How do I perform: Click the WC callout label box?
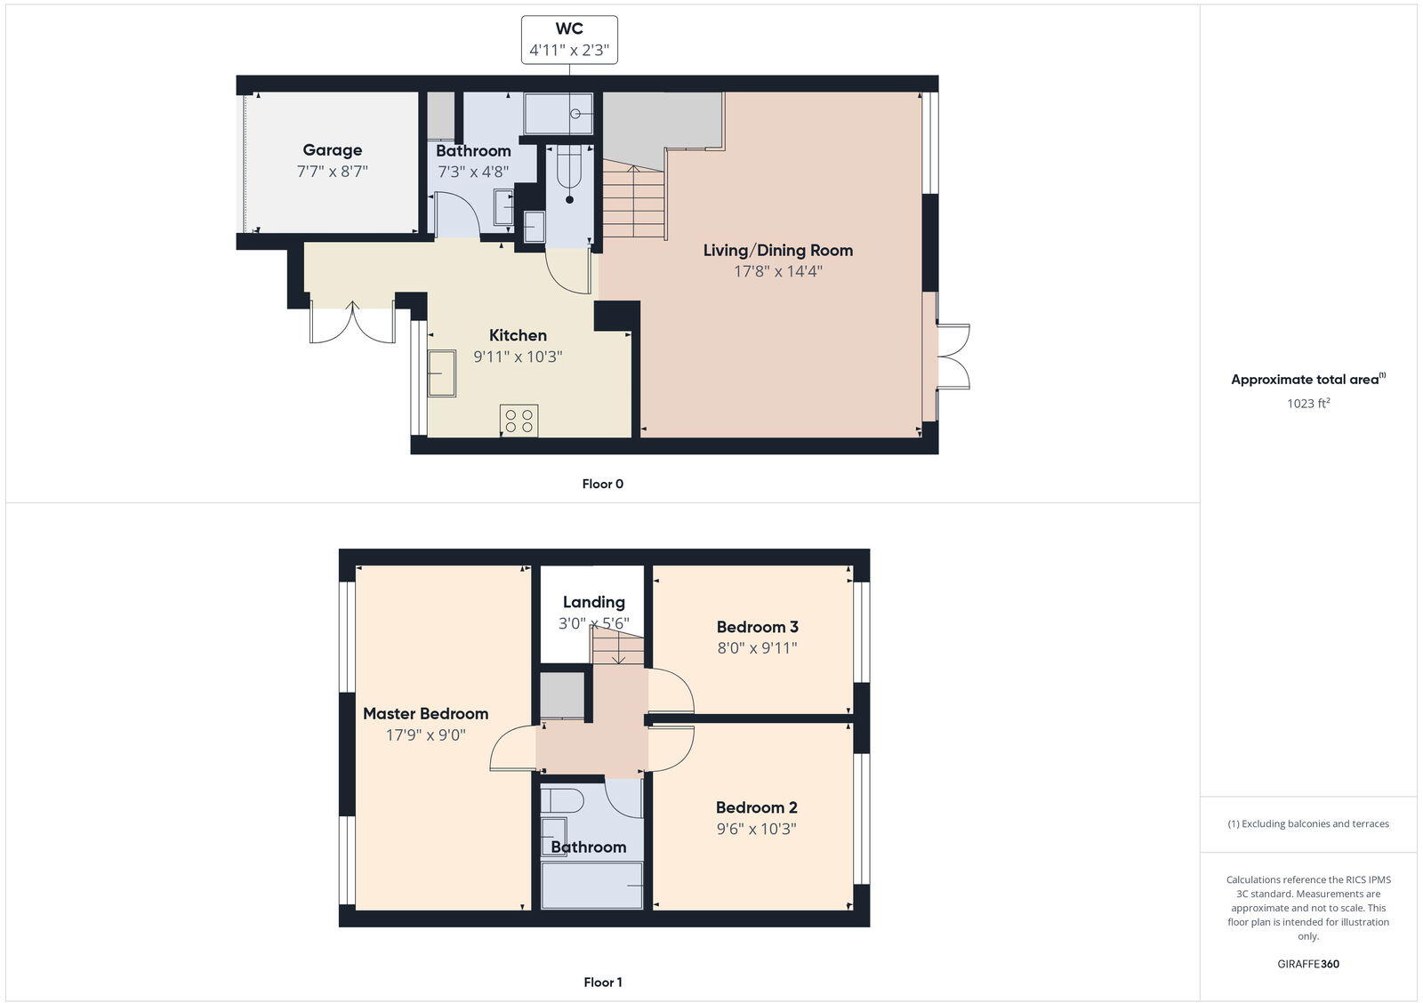pyautogui.click(x=569, y=40)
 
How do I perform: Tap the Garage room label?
pyautogui.click(x=332, y=150)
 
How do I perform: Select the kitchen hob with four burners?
pyautogui.click(x=519, y=421)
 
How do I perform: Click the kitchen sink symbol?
pyautogui.click(x=441, y=373)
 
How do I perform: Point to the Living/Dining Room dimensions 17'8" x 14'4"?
pyautogui.click(x=777, y=271)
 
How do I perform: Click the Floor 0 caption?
pyautogui.click(x=602, y=484)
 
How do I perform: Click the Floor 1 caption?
pyautogui.click(x=602, y=982)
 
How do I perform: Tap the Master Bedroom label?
pyautogui.click(x=425, y=713)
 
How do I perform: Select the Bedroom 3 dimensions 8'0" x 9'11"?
pyautogui.click(x=757, y=648)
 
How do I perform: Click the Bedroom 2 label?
pyautogui.click(x=756, y=807)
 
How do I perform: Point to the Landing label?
pyautogui.click(x=593, y=602)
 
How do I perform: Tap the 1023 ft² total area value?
pyautogui.click(x=1307, y=404)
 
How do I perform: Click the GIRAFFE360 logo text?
pyautogui.click(x=1307, y=964)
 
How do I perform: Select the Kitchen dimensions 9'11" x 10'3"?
pyautogui.click(x=518, y=357)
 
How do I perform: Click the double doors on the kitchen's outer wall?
pyautogui.click(x=352, y=322)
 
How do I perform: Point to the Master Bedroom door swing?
pyautogui.click(x=511, y=750)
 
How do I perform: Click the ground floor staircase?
pyautogui.click(x=633, y=201)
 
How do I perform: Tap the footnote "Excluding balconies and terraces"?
pyautogui.click(x=1308, y=823)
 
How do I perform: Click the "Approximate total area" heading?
pyautogui.click(x=1305, y=380)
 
